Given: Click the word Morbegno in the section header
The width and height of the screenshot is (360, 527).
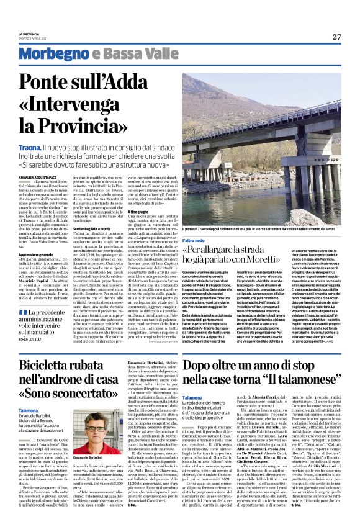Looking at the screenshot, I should point(48,55).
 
